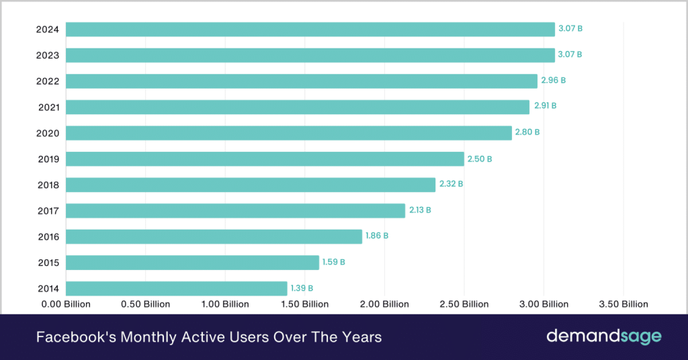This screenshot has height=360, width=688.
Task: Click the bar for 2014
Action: pos(176,288)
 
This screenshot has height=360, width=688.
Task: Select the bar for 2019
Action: pos(265,159)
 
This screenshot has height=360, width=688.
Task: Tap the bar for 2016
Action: pos(214,236)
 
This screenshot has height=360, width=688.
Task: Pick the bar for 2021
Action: pos(298,107)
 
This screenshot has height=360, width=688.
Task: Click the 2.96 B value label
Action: pos(554,81)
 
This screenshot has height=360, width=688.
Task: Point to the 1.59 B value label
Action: pos(333,262)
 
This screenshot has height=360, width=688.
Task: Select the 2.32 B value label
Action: pos(451,184)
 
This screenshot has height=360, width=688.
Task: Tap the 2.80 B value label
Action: pos(527,132)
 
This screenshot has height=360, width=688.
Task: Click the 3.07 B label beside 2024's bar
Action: pos(570,29)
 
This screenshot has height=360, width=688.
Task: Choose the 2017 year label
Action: pos(48,211)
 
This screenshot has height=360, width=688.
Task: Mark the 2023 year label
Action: pos(48,55)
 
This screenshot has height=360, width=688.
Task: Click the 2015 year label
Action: pos(48,263)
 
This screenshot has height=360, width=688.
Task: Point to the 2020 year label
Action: pos(48,133)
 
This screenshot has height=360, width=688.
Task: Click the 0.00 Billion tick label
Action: pos(66,304)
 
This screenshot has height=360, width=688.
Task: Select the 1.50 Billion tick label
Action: pos(306,304)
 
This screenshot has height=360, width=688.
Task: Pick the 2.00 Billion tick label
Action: pos(385,304)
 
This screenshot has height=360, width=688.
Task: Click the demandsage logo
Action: pos(603,336)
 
